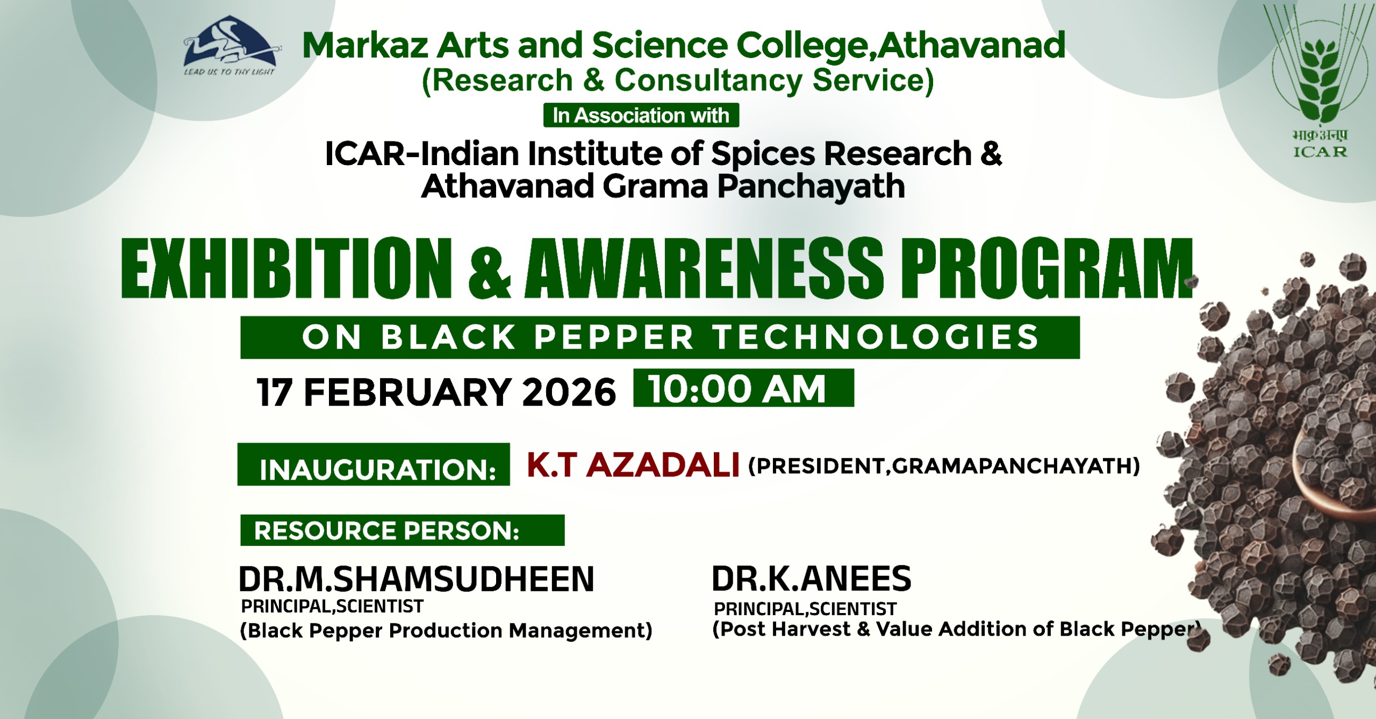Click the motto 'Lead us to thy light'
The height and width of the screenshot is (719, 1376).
[x=230, y=72]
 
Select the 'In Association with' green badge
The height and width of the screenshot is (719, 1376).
[x=641, y=115]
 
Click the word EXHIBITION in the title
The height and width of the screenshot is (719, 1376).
[x=287, y=268]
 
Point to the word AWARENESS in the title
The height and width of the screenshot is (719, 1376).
[x=705, y=268]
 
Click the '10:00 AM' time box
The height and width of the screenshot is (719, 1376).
[x=743, y=388]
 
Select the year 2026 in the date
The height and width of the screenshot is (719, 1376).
[x=569, y=392]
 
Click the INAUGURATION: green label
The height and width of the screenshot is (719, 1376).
[x=374, y=465]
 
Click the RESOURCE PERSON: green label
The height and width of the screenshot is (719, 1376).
[x=403, y=530]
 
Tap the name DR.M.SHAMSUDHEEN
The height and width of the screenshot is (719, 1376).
[x=417, y=579]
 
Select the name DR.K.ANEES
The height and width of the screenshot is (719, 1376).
[x=812, y=579]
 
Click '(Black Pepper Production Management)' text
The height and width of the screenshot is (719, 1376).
[x=446, y=630]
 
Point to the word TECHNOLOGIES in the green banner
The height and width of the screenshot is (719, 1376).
[x=877, y=338]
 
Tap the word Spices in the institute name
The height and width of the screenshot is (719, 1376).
[x=764, y=154]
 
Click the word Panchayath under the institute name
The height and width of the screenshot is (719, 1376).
[x=811, y=187]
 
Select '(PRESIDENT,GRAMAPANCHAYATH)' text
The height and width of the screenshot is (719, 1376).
[x=944, y=466]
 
